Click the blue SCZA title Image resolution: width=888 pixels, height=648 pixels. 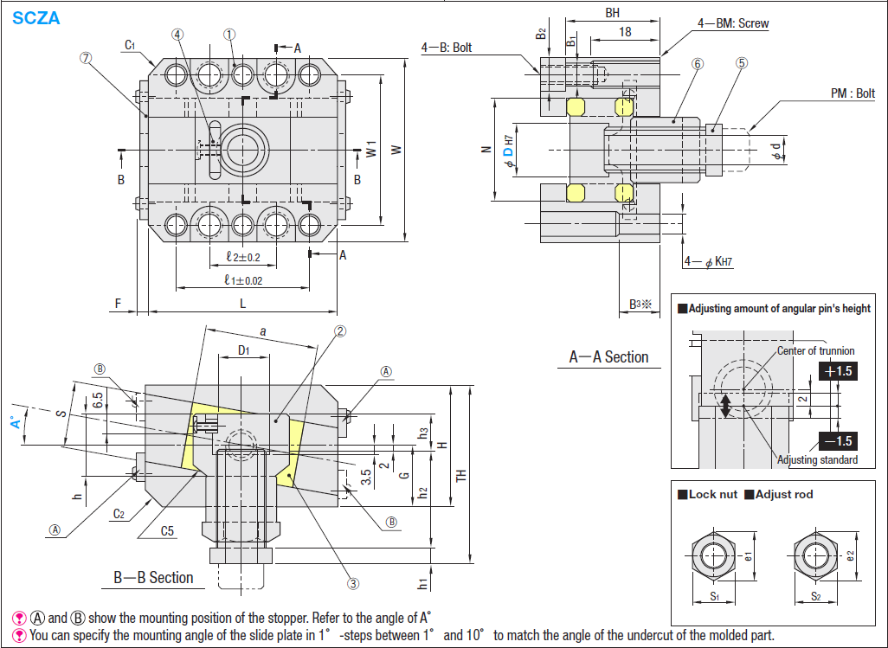click(36, 17)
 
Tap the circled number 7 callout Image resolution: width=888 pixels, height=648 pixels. click(85, 59)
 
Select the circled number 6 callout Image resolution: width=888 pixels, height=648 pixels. click(698, 63)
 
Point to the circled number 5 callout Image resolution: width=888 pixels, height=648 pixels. click(742, 63)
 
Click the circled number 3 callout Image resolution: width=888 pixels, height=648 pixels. click(353, 583)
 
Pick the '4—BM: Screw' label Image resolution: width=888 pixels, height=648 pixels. click(733, 23)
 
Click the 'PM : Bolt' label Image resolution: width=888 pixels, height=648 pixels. click(853, 93)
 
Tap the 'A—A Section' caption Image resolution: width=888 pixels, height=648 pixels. click(608, 356)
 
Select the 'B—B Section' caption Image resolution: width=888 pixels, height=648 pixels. click(153, 577)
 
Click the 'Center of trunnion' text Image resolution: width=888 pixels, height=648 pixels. click(815, 350)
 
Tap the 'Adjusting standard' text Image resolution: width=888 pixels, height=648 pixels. click(817, 460)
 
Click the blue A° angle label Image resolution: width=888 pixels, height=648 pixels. click(14, 422)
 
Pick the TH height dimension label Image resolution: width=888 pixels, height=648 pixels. click(461, 474)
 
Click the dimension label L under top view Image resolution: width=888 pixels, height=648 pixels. click(243, 303)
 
